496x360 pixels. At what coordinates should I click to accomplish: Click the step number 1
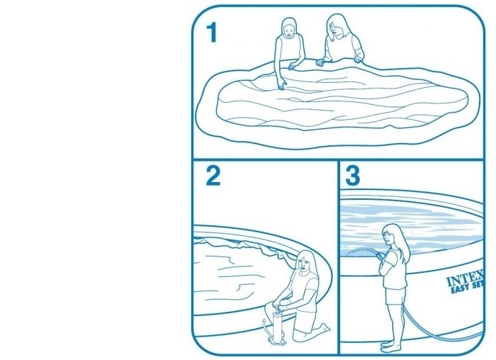point(211,33)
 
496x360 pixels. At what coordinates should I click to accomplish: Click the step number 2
point(213,176)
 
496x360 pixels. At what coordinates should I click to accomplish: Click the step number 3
point(353,176)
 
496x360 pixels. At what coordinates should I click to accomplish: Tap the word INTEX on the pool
point(465,278)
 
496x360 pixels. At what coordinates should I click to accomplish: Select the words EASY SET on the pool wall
point(467,288)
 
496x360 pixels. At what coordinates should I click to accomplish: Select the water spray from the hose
point(357,252)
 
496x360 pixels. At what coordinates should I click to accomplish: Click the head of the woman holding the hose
point(393,236)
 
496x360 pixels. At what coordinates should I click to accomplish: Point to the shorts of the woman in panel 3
point(395,296)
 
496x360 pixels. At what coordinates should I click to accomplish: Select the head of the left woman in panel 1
point(289,27)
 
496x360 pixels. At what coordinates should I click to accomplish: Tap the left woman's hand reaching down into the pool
point(281,85)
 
